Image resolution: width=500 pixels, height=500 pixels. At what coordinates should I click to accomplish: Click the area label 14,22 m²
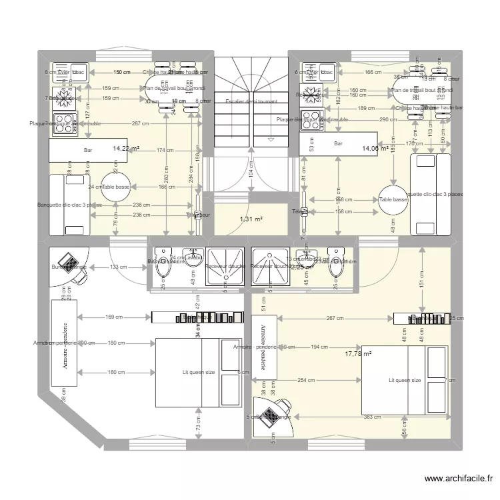tap(126, 149)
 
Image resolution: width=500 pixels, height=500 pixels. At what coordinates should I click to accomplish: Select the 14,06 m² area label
tap(375, 149)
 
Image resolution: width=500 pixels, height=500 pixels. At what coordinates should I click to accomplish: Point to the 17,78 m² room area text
tap(358, 355)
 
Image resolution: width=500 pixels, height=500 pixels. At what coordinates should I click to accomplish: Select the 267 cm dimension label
tap(335, 319)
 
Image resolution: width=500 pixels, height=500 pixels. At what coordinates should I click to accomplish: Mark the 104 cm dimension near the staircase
tap(251, 172)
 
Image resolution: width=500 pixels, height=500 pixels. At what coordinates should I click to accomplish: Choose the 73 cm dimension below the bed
tap(198, 421)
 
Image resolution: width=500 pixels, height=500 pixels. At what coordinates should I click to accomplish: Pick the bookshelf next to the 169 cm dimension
tap(197, 318)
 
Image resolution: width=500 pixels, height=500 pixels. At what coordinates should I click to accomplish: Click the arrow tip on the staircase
tap(271, 140)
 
